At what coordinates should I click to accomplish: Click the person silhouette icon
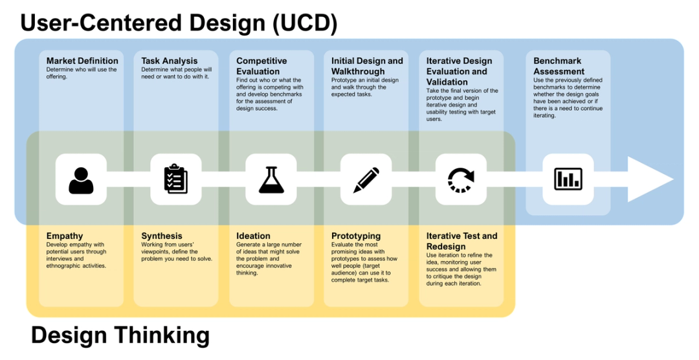pos(81,180)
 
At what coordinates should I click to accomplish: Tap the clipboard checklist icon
pos(175,179)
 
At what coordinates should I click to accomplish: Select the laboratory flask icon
pos(271,179)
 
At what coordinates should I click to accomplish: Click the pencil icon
pos(366,179)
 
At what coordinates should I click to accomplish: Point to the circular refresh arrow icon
pos(461,179)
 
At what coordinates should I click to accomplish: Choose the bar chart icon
pos(568,179)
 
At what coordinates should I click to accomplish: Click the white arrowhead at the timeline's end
pos(650,179)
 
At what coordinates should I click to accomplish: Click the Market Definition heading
pos(82,61)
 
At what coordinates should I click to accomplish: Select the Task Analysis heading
pos(170,61)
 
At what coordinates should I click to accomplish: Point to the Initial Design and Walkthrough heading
pos(367,66)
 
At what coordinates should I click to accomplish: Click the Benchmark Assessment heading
pos(559,66)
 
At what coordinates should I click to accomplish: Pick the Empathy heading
pos(65,236)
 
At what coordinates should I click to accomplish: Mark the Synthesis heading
pos(162,236)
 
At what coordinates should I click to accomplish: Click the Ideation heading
pos(253,236)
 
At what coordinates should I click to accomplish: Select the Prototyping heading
pos(356,236)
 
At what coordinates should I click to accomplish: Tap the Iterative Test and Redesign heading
pos(461,241)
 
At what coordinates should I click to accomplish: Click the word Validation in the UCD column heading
pos(447,82)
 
